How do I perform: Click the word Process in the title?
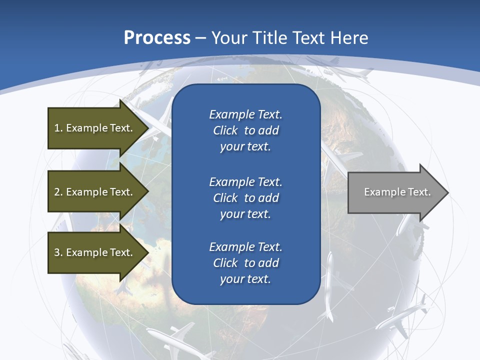click(157, 38)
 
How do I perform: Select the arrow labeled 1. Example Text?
click(93, 128)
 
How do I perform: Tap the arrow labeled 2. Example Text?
click(93, 192)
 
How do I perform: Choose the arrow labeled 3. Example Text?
click(93, 252)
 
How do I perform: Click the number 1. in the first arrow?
click(58, 128)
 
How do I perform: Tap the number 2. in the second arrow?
click(58, 192)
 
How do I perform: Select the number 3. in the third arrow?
click(58, 252)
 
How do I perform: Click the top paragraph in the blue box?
click(245, 130)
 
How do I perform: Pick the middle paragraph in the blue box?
click(245, 198)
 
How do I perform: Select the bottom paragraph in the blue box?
click(245, 263)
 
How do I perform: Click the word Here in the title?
click(350, 38)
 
